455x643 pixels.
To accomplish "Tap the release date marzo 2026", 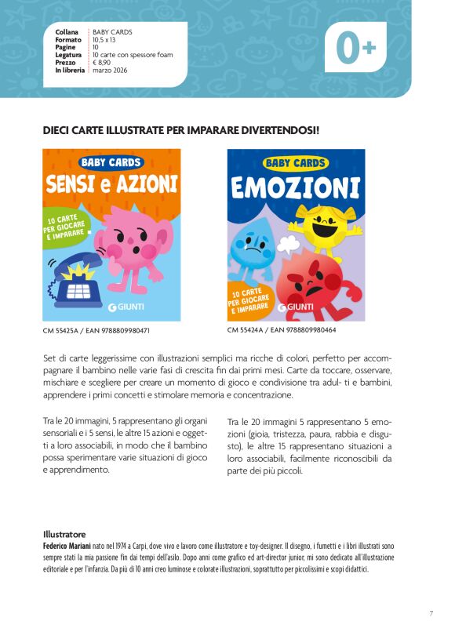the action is point(110,70).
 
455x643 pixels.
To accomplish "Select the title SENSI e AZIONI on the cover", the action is point(111,185).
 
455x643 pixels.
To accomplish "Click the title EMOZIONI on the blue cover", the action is point(296,188).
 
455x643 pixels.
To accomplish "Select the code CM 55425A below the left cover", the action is point(60,331).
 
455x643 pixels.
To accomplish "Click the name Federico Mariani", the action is point(69,543).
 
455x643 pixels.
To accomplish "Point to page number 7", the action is point(431,613).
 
